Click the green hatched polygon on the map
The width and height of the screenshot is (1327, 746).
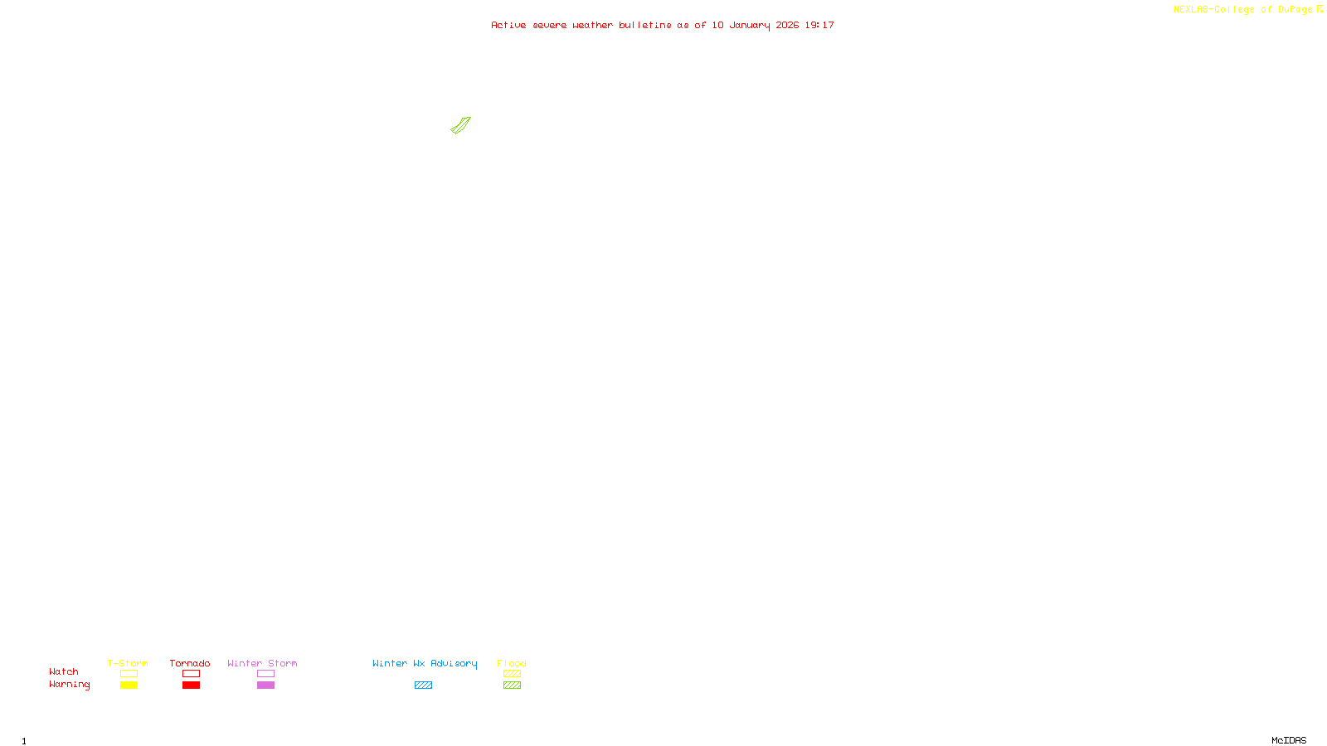click(460, 125)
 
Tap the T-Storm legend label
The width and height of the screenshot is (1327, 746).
click(128, 663)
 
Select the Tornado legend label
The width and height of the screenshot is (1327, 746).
click(190, 663)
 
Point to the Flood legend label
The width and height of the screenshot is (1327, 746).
click(512, 663)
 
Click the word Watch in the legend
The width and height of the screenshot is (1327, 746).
click(64, 672)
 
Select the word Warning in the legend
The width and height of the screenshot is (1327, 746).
click(69, 685)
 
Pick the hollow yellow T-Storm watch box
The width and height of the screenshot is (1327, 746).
click(129, 674)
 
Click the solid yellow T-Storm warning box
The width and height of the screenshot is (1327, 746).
click(129, 685)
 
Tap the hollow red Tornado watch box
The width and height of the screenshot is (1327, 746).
click(191, 674)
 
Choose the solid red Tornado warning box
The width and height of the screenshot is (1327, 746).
click(191, 685)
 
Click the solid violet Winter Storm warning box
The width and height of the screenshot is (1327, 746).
click(265, 685)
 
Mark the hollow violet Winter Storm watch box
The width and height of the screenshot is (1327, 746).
click(265, 674)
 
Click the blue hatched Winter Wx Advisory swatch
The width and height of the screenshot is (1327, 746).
click(423, 685)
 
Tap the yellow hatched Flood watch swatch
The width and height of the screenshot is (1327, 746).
click(512, 674)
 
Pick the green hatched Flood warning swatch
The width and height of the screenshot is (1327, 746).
click(512, 685)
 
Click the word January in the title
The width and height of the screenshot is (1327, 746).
click(750, 26)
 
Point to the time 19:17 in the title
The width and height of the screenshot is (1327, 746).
click(819, 26)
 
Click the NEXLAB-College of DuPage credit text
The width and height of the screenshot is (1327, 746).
click(1242, 10)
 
